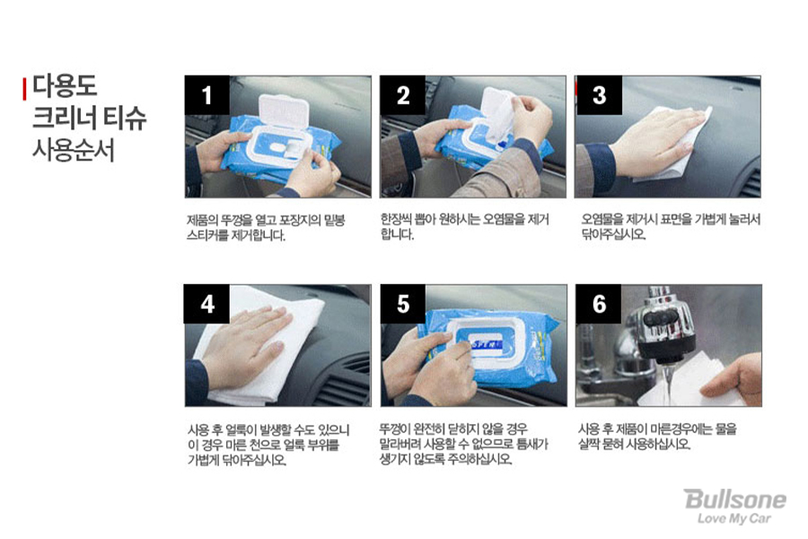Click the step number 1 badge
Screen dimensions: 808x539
coord(206,95)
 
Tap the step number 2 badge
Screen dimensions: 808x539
coord(402,95)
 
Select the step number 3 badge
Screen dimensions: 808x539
coord(599,95)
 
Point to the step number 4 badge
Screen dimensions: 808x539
coord(206,305)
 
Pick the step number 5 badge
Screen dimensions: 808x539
coord(403,305)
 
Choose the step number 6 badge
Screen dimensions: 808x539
coord(599,305)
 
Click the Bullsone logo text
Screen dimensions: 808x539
coord(734,499)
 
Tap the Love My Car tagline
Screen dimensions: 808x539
coord(734,518)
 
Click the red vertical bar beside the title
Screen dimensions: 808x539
coord(24,88)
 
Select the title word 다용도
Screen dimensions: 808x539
coord(65,86)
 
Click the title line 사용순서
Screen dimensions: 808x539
coord(74,151)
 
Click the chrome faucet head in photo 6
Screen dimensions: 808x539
coord(663,323)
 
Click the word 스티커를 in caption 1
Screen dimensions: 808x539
coord(207,235)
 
